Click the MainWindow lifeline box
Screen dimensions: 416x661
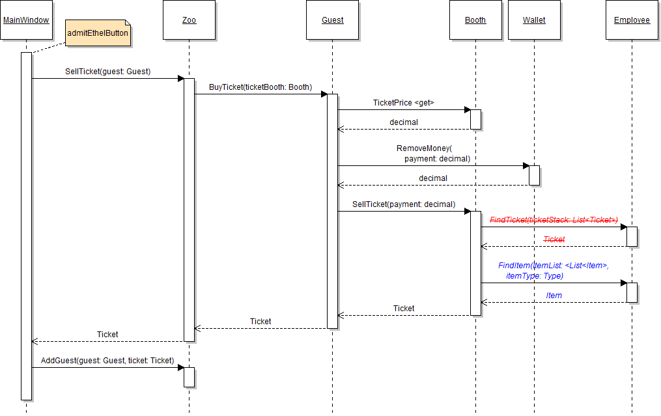26,20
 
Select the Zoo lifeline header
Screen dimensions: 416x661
189,20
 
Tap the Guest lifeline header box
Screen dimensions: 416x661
332,20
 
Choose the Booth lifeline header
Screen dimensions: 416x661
475,20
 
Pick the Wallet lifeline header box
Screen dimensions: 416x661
534,20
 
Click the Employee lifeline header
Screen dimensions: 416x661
632,20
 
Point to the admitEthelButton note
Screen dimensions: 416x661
98,33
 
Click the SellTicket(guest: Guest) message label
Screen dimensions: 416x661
108,72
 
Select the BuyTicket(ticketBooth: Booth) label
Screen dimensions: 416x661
260,87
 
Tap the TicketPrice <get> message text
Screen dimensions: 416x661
403,103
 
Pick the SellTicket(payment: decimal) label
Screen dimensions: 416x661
404,204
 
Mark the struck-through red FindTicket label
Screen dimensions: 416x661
554,220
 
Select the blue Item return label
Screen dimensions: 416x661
554,296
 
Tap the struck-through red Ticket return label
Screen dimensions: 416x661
554,240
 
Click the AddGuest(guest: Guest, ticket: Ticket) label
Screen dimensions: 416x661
107,361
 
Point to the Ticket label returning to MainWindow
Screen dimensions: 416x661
107,335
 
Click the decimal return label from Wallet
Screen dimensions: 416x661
433,178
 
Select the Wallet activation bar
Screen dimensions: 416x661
534,175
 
